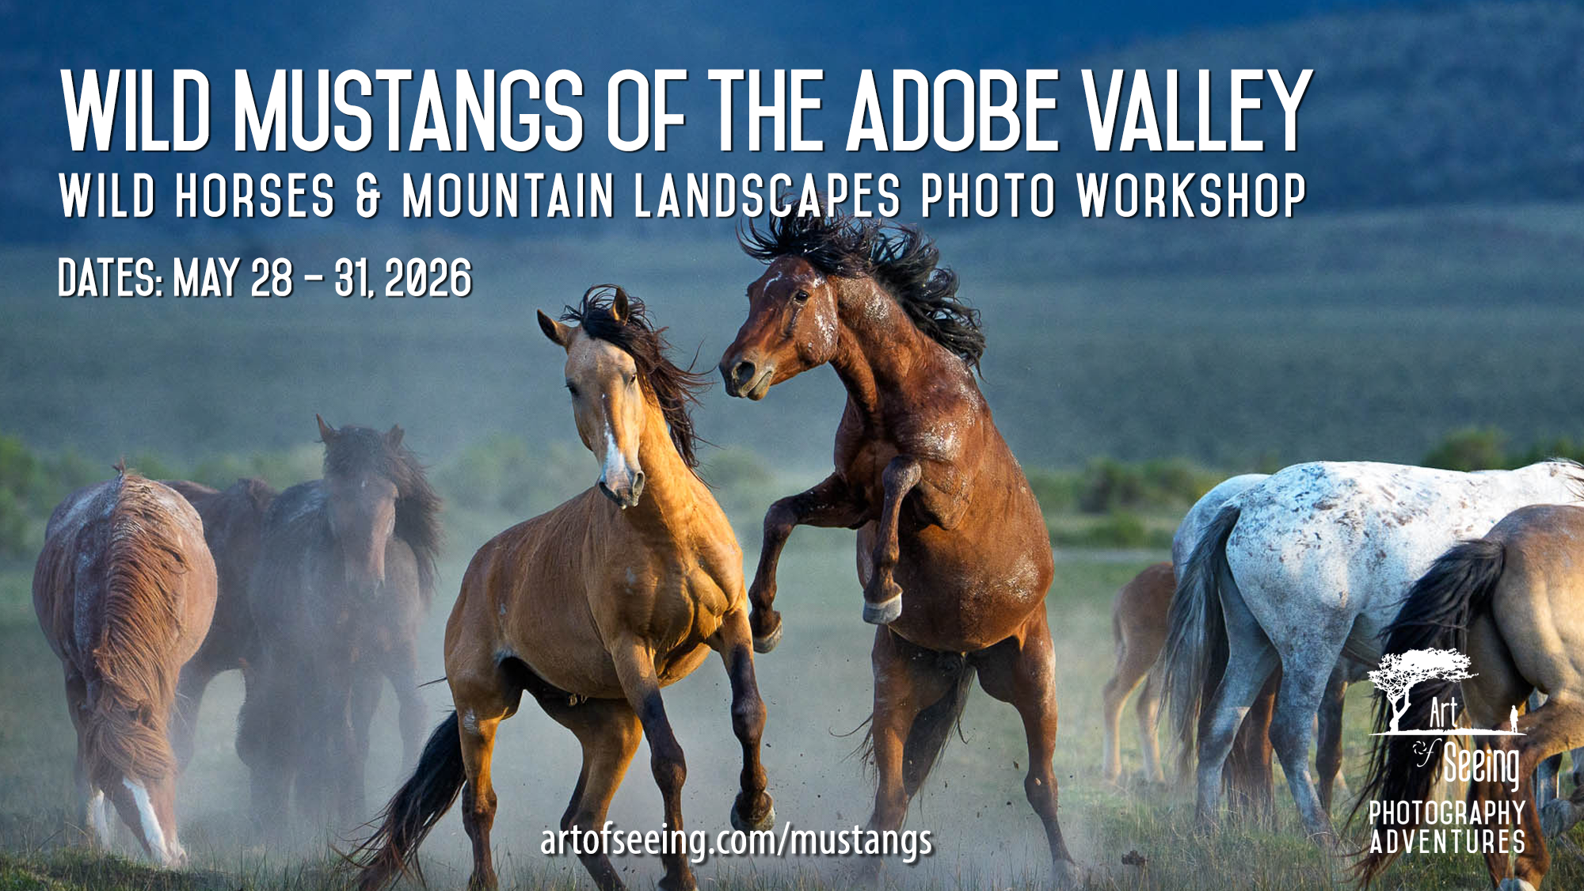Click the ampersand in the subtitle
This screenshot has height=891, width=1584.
[368, 196]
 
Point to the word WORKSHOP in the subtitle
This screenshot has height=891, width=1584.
[1190, 196]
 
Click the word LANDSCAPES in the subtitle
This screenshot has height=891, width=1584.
[767, 196]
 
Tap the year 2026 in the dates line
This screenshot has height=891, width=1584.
[428, 279]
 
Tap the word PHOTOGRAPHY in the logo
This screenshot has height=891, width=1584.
[1447, 813]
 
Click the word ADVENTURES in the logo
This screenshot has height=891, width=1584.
[1447, 842]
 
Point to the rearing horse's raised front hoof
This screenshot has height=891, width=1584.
[882, 608]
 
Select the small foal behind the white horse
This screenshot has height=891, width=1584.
[1140, 634]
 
